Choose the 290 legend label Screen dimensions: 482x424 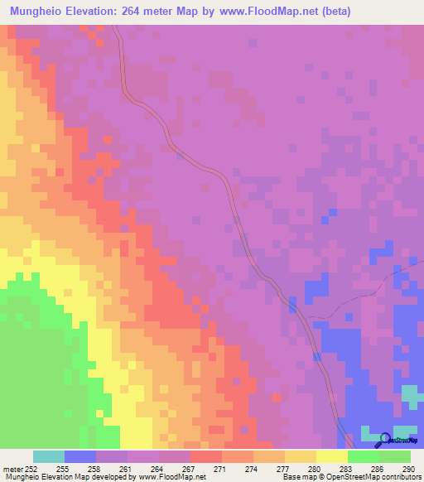tap(406, 468)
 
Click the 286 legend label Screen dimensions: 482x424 tap(375, 468)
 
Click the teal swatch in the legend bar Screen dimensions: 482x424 tap(49, 456)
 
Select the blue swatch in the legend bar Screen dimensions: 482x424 tap(80, 456)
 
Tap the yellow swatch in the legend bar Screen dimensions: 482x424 tap(332, 456)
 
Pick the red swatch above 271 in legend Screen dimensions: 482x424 tap(206, 456)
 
